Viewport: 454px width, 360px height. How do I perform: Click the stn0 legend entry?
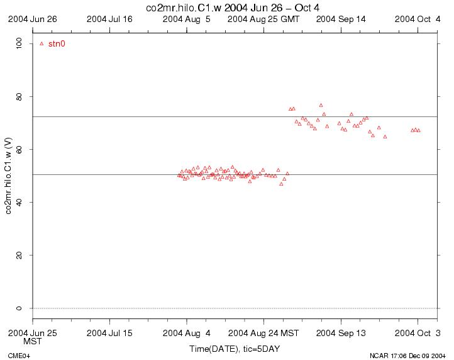coord(57,44)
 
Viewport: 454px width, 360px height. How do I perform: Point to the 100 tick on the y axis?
coord(19,43)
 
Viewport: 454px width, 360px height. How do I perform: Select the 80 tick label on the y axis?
coord(19,96)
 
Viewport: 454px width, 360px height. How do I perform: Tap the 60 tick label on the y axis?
coord(19,149)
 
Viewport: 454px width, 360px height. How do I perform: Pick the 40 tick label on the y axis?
coord(19,202)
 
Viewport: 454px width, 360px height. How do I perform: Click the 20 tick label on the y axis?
coord(19,255)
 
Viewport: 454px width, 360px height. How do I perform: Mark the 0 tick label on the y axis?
coord(19,308)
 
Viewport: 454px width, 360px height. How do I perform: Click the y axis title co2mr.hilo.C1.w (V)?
coord(8,176)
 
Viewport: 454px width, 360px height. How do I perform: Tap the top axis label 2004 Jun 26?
coord(33,20)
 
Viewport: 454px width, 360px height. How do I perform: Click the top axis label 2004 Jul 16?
coord(110,20)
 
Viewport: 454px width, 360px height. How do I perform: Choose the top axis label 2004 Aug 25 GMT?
coord(263,20)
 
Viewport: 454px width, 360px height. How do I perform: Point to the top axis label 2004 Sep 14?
coord(341,20)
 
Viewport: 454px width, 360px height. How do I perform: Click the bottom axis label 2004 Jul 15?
coord(110,332)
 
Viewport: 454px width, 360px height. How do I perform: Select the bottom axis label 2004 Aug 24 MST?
coord(263,332)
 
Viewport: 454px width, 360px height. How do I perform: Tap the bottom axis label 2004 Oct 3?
coord(418,332)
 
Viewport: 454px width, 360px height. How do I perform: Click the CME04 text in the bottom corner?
coord(19,356)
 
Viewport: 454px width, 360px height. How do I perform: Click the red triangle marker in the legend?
coord(42,44)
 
